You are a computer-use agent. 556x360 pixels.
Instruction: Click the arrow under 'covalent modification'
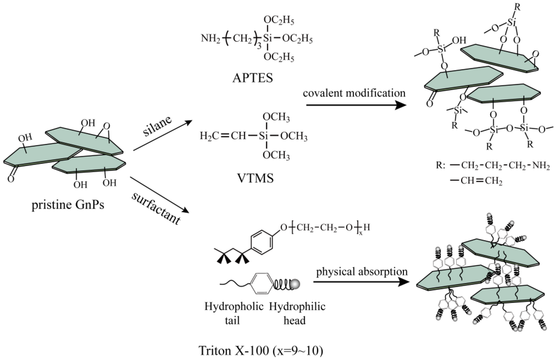[355, 105]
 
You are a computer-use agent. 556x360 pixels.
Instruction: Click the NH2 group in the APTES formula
[210, 39]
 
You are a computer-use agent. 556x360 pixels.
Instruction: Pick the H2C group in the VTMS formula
[208, 134]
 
